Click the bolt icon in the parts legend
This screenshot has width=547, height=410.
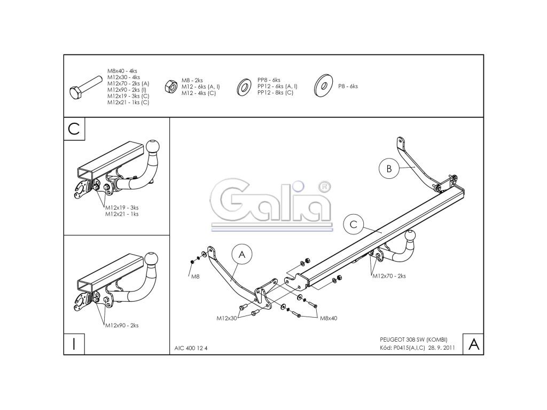click(x=85, y=89)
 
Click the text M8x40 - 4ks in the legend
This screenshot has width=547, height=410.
click(x=122, y=71)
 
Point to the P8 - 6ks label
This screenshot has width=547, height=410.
click(x=348, y=86)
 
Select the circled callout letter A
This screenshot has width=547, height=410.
click(x=241, y=255)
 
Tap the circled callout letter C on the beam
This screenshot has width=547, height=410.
click(x=353, y=225)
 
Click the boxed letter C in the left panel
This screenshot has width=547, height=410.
click(x=74, y=129)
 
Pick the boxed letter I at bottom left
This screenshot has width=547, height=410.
click(x=74, y=342)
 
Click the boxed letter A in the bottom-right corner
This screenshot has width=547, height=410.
click(x=473, y=344)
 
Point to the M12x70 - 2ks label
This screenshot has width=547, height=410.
click(x=389, y=276)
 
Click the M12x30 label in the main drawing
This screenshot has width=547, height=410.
click(x=226, y=318)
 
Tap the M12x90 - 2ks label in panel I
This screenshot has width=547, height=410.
click(x=122, y=325)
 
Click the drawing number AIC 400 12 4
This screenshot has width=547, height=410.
click(x=191, y=348)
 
